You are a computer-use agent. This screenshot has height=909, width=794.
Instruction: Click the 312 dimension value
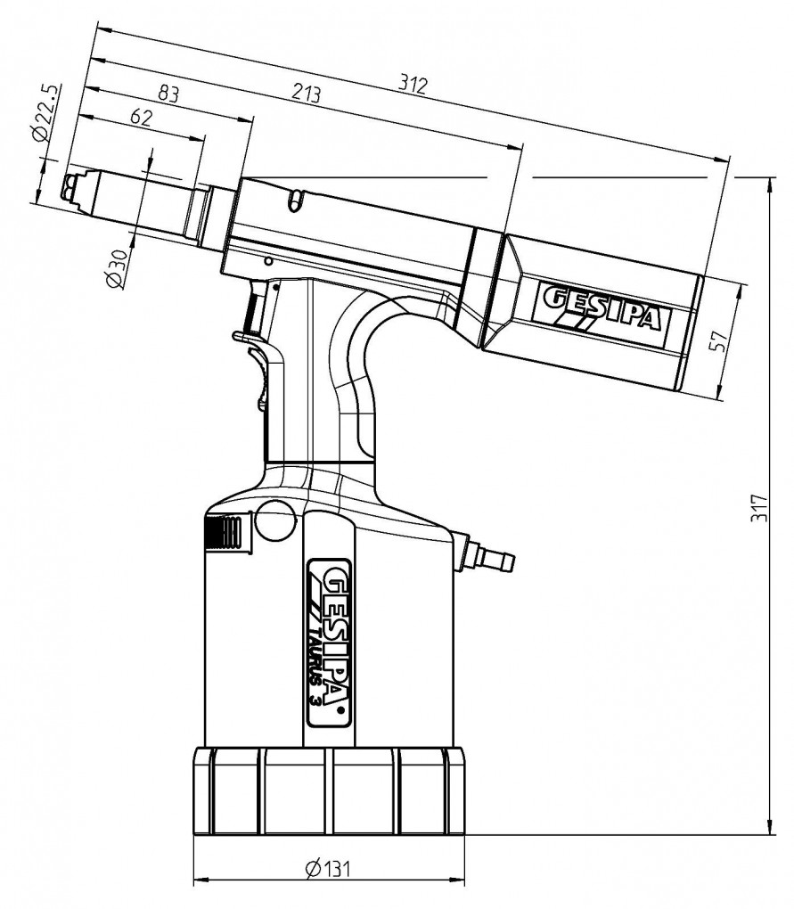click(x=413, y=85)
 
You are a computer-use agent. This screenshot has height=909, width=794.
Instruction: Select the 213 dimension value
click(x=306, y=92)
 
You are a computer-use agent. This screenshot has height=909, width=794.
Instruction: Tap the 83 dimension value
click(x=168, y=93)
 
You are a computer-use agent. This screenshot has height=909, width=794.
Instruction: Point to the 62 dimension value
click(x=141, y=117)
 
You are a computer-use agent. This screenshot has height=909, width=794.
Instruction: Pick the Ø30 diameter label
click(x=116, y=268)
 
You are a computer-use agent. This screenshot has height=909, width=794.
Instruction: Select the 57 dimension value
click(x=717, y=340)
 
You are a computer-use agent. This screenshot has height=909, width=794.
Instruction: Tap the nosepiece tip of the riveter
click(x=72, y=188)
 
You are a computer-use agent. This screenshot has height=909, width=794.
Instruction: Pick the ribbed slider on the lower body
click(x=228, y=532)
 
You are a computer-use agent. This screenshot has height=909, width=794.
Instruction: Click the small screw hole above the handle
click(x=267, y=262)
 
